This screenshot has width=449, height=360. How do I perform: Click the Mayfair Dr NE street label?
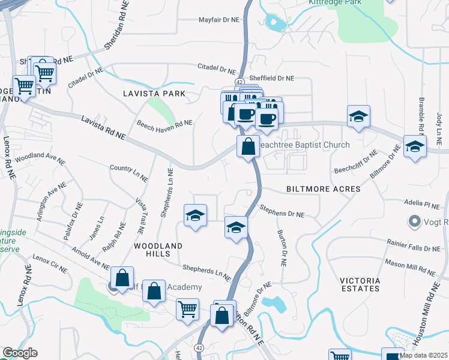219,20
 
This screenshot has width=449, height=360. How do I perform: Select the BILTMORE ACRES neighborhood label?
324,189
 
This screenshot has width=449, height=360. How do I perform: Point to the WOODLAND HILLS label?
158,251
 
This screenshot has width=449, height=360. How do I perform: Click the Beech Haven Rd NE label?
164,123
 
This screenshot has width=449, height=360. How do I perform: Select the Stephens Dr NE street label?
282,211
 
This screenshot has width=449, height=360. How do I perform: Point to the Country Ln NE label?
129,172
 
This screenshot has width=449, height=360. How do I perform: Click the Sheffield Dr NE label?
273,78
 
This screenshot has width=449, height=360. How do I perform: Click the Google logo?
20,353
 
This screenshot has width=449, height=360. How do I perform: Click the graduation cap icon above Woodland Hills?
195,215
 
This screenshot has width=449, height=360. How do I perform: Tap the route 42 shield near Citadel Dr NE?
240,82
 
